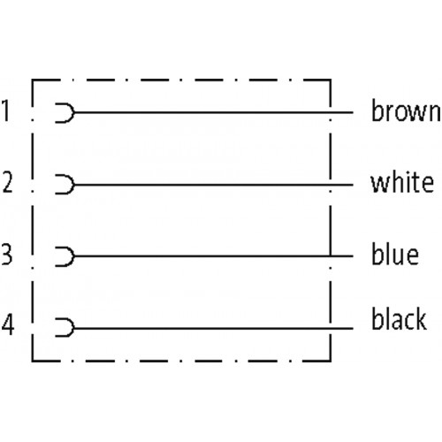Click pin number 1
click(5, 110)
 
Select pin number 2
click(7, 182)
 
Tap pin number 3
click(6, 254)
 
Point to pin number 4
click(8, 324)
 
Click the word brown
click(406, 110)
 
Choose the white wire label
click(402, 182)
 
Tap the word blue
click(395, 254)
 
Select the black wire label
click(399, 318)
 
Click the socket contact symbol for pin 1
click(72, 112)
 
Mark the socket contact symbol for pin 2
click(72, 185)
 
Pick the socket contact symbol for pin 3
click(72, 256)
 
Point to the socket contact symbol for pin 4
click(72, 328)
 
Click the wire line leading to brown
click(213, 112)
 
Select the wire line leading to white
click(213, 185)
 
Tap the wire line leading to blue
click(213, 256)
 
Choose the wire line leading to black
click(213, 328)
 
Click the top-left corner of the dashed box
click(33, 80)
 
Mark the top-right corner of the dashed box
click(331, 80)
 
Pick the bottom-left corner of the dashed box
click(33, 361)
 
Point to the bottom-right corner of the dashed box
click(331, 361)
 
